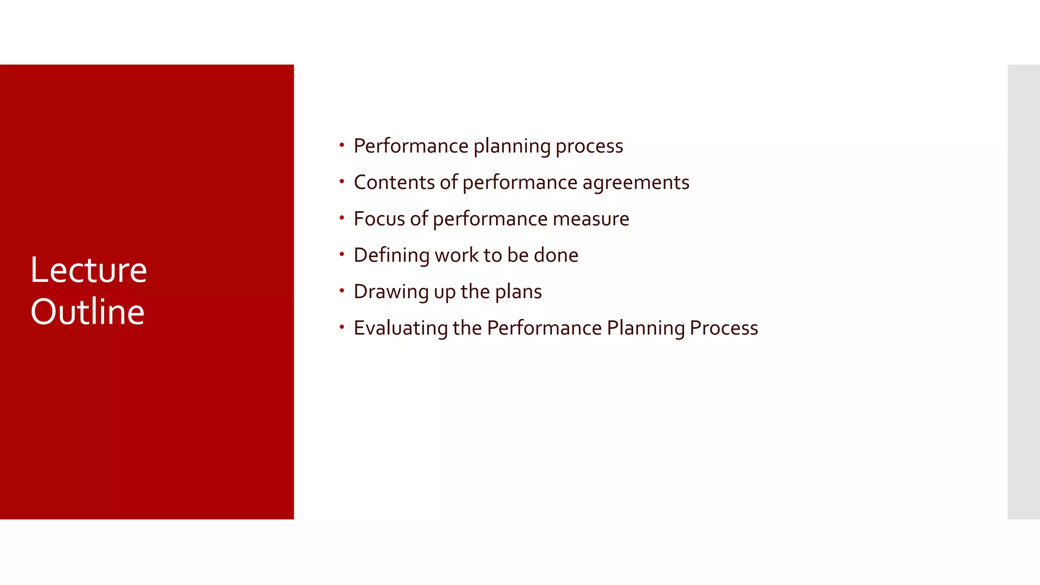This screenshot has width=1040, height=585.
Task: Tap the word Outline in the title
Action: pos(87,311)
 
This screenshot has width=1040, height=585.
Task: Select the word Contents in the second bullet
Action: pos(394,182)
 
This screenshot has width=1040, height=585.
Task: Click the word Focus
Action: pos(379,219)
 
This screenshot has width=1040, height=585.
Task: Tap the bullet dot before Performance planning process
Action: pos(342,145)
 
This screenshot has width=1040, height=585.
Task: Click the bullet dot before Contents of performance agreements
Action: pos(342,181)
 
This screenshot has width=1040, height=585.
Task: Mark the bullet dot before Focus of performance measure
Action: pos(342,218)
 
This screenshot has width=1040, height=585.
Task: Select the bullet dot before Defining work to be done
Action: pos(342,254)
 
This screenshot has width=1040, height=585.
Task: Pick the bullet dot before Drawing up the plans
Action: pos(342,290)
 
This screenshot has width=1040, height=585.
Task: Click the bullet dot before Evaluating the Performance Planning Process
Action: pos(342,327)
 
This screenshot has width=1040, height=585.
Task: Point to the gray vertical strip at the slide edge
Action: pos(1023,291)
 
